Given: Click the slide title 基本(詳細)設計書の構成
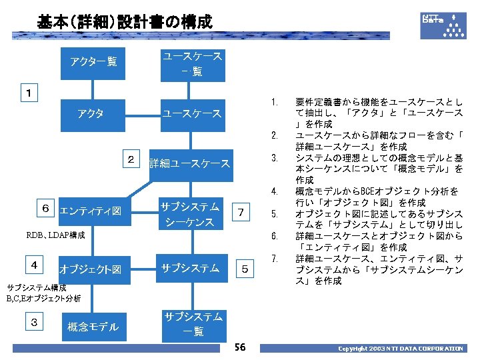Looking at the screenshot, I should pyautogui.click(x=124, y=22).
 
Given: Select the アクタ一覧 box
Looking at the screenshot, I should pyautogui.click(x=93, y=62).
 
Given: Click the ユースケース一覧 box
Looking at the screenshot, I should pyautogui.click(x=193, y=63).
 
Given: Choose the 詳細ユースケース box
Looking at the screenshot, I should pyautogui.click(x=189, y=163).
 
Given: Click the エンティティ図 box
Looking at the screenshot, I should pyautogui.click(x=90, y=211).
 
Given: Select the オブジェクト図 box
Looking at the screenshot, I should pyautogui.click(x=90, y=269).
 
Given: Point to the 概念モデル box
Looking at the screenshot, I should pyautogui.click(x=93, y=326).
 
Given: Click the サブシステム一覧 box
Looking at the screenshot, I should pyautogui.click(x=193, y=323).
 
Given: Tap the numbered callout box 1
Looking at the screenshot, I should pyautogui.click(x=29, y=91).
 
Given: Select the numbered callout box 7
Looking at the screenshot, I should pyautogui.click(x=243, y=213).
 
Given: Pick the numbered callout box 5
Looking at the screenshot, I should pyautogui.click(x=245, y=269).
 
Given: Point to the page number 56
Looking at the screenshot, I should pyautogui.click(x=240, y=347).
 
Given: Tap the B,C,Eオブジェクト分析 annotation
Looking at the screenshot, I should pyautogui.click(x=43, y=298).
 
